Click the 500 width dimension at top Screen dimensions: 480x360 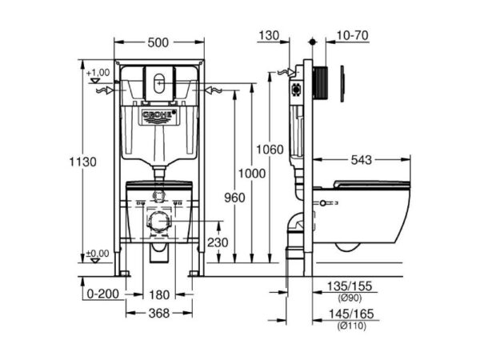pos(158,43)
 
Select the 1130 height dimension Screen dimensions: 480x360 pos(82,162)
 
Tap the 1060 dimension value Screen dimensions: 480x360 pos(270,150)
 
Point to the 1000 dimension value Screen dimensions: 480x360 pos(252,174)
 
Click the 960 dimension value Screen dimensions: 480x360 pos(234,198)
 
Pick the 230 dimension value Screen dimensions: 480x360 pos(218,242)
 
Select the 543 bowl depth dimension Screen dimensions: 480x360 pos(362,160)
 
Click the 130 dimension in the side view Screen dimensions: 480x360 pos(269,35)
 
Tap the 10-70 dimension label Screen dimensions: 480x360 pos(352,35)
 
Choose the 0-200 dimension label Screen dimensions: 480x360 pos(103,294)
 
